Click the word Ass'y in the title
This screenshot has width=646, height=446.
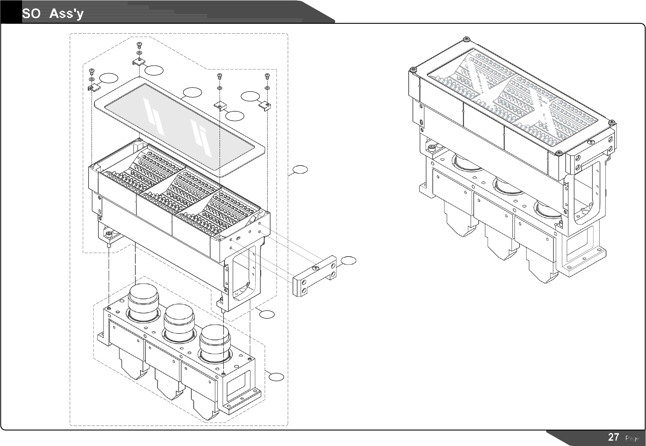tap(67, 14)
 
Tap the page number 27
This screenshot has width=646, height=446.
tap(614, 437)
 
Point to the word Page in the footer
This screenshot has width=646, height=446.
tap(632, 438)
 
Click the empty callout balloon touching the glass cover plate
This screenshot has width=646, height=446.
tap(192, 92)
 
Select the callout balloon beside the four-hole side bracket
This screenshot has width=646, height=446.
tap(348, 260)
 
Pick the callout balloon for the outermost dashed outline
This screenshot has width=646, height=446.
tap(300, 169)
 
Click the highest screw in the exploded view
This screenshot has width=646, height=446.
tap(140, 44)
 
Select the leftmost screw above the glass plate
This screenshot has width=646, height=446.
tap(92, 71)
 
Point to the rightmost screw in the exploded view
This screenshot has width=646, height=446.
tap(268, 76)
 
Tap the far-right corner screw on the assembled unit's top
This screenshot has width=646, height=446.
tap(611, 122)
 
